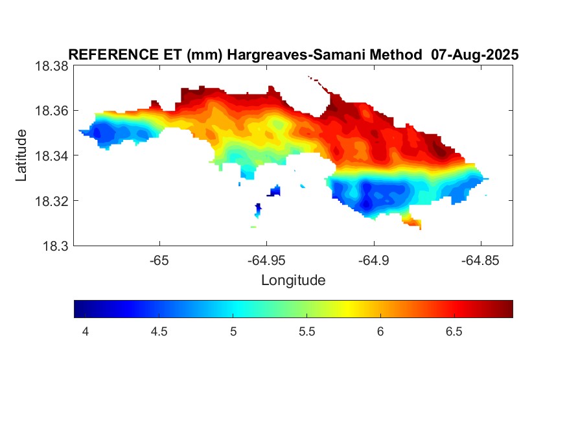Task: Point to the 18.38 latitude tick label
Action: (x=51, y=66)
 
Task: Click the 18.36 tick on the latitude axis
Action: (x=51, y=111)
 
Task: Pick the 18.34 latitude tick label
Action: (x=51, y=155)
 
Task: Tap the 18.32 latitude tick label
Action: (x=51, y=201)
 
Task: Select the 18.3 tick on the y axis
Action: (x=55, y=246)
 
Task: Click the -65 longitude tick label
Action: (x=159, y=260)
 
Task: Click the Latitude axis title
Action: (x=22, y=155)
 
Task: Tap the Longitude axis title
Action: (x=293, y=281)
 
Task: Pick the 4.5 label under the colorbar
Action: (x=159, y=332)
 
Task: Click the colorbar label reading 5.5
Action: (x=307, y=332)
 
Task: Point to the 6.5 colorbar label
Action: (x=454, y=332)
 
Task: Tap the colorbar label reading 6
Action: (x=380, y=332)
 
